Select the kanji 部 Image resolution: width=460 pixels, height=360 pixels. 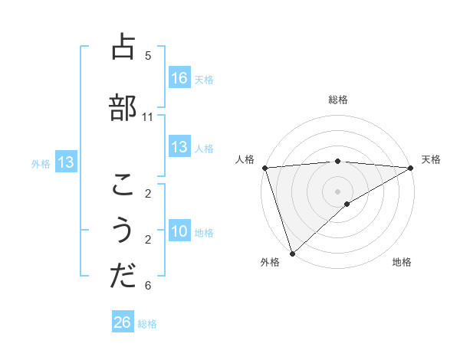123,107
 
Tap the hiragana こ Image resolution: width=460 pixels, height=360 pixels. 123,185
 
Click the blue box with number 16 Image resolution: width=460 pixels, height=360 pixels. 179,77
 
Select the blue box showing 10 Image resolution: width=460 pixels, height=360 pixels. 179,232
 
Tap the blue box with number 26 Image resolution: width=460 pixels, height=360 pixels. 123,323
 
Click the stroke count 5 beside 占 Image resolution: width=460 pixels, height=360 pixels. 148,55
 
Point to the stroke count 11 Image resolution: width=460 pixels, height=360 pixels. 148,117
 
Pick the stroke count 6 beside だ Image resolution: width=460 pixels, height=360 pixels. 148,286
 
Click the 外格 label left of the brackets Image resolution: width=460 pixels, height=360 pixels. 41,163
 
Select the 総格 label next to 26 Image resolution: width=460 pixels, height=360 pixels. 147,324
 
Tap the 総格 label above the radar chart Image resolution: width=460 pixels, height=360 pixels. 337,100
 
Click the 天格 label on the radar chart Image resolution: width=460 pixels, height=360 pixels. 431,159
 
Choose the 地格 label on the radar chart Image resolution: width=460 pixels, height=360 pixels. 402,263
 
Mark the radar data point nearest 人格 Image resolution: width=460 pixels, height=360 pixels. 264,168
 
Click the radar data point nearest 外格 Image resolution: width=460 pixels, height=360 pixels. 292,253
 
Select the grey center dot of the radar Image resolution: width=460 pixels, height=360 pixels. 337,191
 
